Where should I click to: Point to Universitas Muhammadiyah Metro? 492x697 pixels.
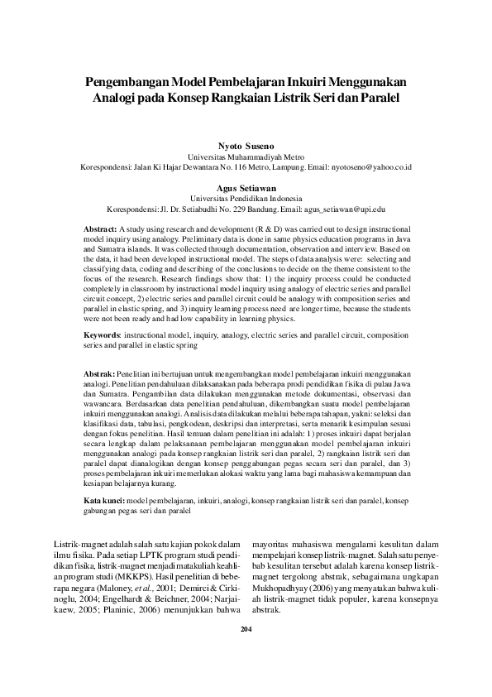coord(246,156)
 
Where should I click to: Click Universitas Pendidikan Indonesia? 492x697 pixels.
coord(246,199)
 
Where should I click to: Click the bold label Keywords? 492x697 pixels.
coord(103,334)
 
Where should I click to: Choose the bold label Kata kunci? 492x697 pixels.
coord(106,502)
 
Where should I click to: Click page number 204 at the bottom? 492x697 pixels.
coord(246,652)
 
